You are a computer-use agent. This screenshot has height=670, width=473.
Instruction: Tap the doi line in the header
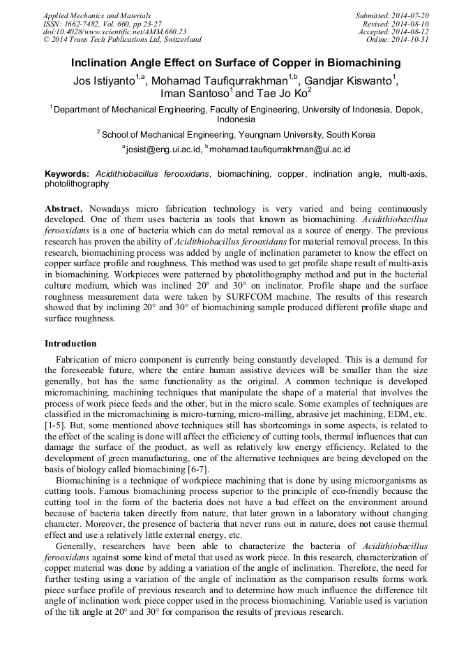tap(114, 31)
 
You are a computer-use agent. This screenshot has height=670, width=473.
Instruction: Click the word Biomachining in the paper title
tap(363, 63)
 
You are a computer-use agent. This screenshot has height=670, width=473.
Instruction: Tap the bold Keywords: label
tap(67, 174)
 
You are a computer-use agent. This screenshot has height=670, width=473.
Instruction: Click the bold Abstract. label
tap(64, 208)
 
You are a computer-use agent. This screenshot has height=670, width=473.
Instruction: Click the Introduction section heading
tap(70, 343)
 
